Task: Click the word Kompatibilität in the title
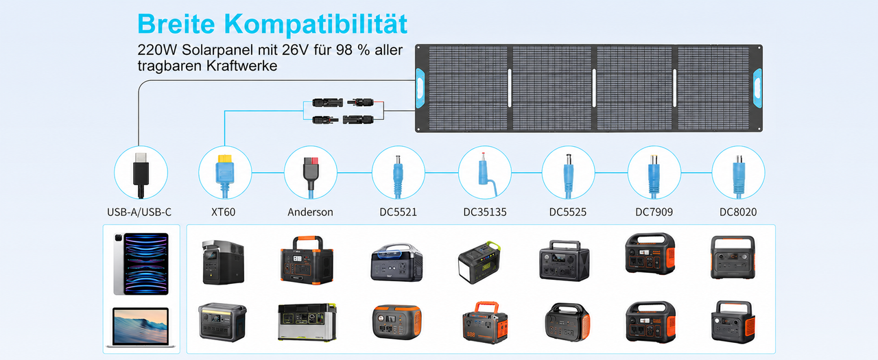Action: coord(316,24)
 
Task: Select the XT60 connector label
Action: coord(223,212)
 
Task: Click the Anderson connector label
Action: coord(310,212)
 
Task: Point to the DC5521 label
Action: coord(398,212)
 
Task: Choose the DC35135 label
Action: coord(485,212)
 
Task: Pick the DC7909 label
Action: coord(654,212)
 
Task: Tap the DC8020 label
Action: coord(738,212)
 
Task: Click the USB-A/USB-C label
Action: coord(139,212)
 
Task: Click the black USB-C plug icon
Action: coord(141,174)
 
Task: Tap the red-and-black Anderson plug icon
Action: coord(311,175)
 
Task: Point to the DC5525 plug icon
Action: coord(568,176)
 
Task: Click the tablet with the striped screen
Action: coord(141,263)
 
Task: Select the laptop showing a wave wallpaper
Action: coord(141,327)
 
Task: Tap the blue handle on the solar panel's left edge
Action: coord(420,88)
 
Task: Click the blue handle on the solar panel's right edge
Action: coord(758,88)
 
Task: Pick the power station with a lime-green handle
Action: coord(479,262)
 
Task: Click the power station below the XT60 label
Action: coord(223,262)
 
